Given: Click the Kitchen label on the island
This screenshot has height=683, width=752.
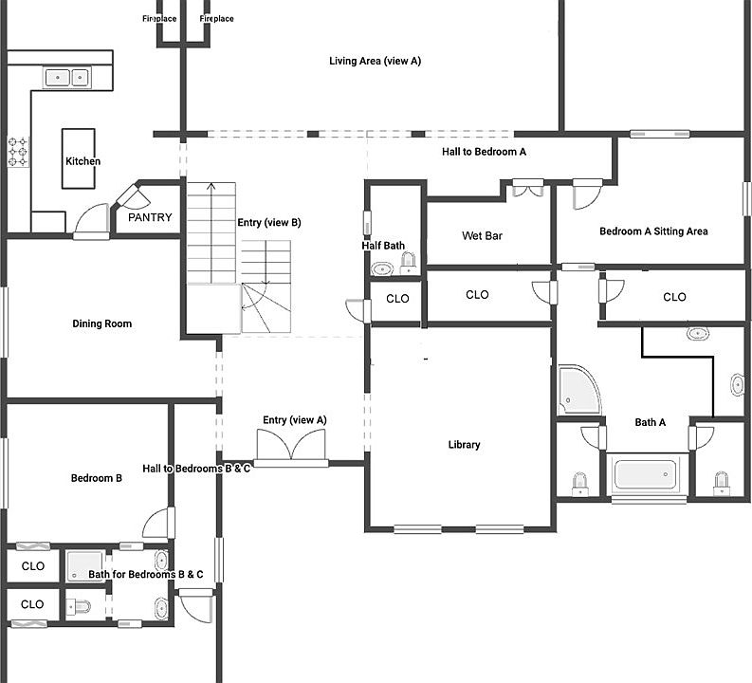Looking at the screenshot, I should click(83, 161).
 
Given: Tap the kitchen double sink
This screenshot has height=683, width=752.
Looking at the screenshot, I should click(66, 76).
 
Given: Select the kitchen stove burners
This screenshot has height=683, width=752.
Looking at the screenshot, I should click(18, 152).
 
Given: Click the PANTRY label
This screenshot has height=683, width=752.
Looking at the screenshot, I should click(150, 218).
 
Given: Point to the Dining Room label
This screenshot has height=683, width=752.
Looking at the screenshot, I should click(101, 324).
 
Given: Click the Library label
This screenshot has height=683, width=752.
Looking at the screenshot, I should click(464, 445).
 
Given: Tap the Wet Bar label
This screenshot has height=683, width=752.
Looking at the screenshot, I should click(482, 236).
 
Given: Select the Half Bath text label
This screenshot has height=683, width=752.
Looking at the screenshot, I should click(383, 246).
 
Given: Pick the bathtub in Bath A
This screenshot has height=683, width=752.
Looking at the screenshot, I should click(650, 475).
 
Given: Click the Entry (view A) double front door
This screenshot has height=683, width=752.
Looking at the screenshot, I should click(291, 446).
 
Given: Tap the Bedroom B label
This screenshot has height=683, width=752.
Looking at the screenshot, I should click(96, 479).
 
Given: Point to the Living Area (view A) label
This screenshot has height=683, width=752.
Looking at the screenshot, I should click(375, 62).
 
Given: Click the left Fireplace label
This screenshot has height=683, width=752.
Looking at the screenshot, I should click(160, 19).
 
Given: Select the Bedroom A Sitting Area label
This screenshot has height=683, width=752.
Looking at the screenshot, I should click(653, 231).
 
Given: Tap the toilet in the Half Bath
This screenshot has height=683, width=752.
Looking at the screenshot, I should click(409, 263).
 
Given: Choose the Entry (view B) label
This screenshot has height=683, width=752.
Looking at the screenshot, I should click(268, 223).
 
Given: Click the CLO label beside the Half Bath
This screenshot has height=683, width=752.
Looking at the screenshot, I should click(397, 299).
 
